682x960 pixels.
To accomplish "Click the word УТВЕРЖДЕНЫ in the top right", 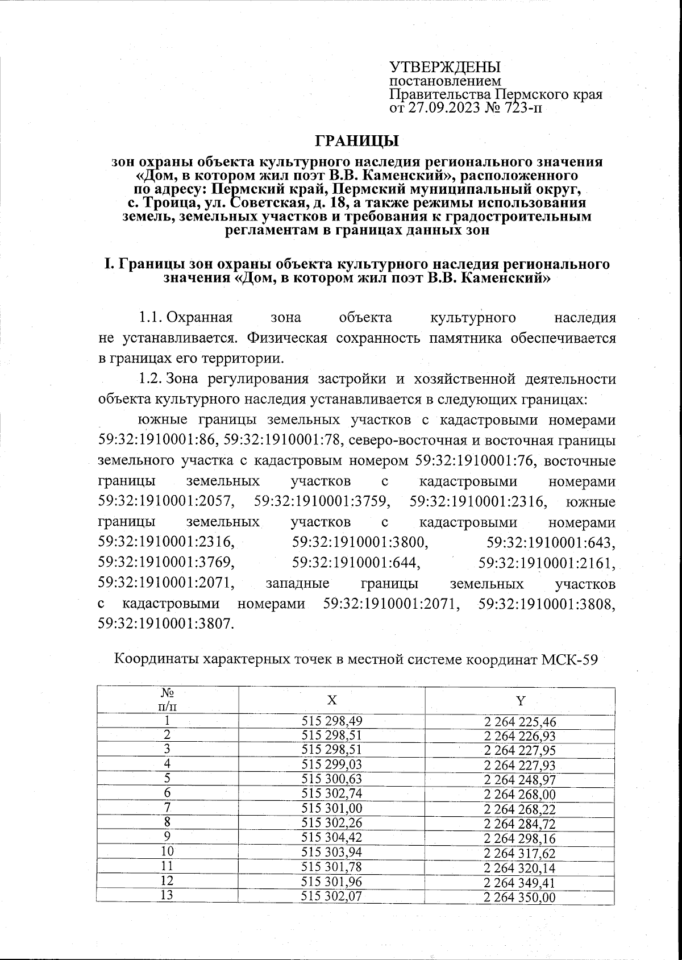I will click(445, 67).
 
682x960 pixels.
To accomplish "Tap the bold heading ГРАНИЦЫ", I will click(357, 140).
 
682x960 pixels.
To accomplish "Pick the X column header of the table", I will click(332, 700).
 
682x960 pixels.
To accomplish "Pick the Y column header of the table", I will click(520, 700).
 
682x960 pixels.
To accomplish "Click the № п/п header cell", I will click(167, 700).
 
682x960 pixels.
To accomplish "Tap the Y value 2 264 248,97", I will click(520, 780).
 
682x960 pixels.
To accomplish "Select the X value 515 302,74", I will click(332, 794).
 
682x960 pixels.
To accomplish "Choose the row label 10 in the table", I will click(167, 853).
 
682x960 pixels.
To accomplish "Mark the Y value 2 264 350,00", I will click(520, 897).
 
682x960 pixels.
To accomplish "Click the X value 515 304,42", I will click(332, 838).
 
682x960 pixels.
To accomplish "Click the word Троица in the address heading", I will click(167, 203).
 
